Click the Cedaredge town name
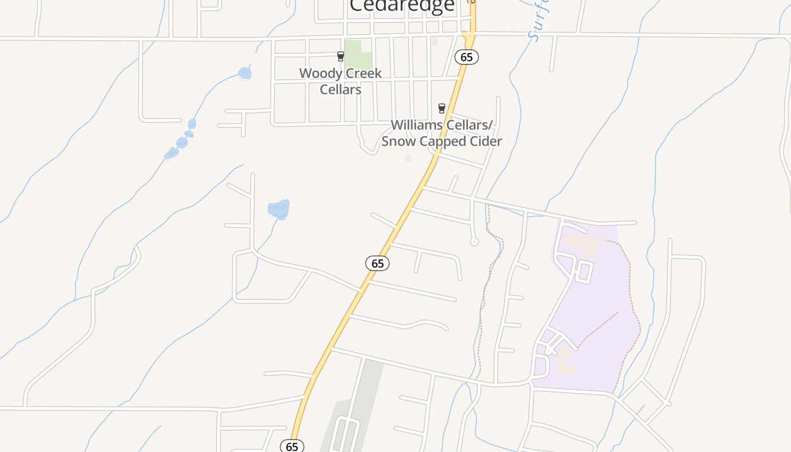(402, 6)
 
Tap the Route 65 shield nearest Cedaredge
(467, 57)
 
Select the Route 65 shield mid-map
(377, 263)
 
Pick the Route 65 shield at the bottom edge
(292, 446)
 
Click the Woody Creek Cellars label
(340, 81)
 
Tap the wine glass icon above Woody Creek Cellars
(340, 56)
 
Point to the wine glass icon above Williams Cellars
(442, 108)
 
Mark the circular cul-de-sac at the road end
(475, 242)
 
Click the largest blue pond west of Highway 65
(279, 209)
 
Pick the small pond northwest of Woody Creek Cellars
(245, 73)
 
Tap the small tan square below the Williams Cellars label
(408, 158)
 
